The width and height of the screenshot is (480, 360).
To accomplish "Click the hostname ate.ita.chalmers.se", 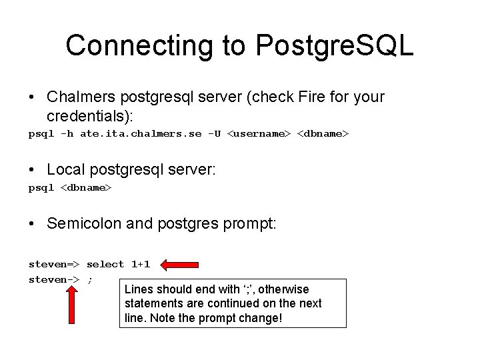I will pyautogui.click(x=141, y=134).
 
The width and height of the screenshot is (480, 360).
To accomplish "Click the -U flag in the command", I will pyautogui.click(x=214, y=134).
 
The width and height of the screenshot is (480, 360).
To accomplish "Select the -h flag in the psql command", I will pyautogui.click(x=67, y=134).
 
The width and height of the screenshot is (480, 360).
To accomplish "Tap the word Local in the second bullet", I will pyautogui.click(x=65, y=170).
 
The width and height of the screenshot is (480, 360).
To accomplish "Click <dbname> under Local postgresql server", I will pyautogui.click(x=87, y=188).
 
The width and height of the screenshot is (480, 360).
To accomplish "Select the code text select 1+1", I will pyautogui.click(x=118, y=264).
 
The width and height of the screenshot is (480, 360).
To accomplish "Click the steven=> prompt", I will pyautogui.click(x=54, y=264).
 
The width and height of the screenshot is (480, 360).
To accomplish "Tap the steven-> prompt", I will pyautogui.click(x=54, y=279).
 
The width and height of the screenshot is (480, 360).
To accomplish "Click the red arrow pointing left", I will pyautogui.click(x=181, y=265).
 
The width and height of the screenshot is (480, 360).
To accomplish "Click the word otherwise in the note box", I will pyautogui.click(x=283, y=289).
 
